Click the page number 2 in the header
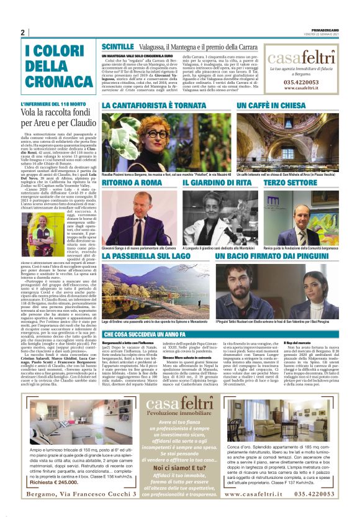[x=22, y=32]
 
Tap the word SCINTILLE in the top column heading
[x=117, y=47]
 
